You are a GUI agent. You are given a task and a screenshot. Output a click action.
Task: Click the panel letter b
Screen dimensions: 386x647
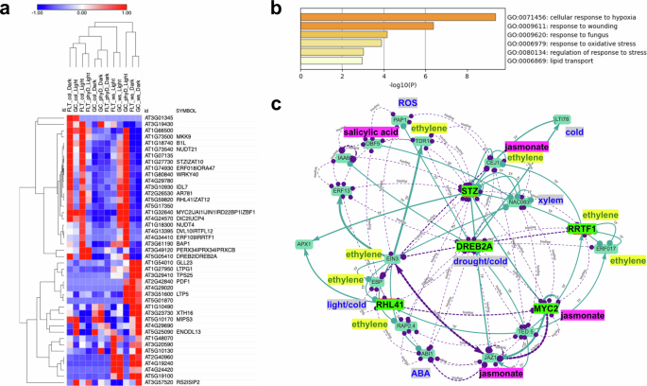click(x=276, y=8)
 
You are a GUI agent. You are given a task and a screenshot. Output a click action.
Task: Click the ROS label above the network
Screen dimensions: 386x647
click(x=407, y=102)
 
